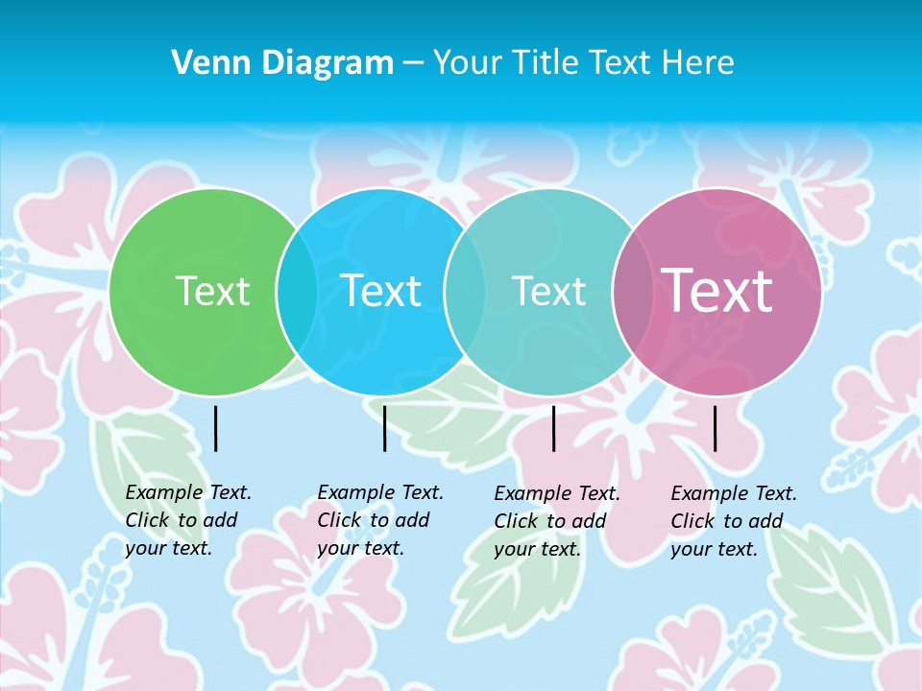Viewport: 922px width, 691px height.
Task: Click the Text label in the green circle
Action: coord(212,291)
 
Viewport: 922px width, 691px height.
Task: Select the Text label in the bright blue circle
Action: coord(380,291)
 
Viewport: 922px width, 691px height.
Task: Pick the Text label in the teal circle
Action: coord(548,291)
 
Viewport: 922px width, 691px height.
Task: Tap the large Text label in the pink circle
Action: coord(716,291)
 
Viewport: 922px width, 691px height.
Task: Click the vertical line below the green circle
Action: coord(215,428)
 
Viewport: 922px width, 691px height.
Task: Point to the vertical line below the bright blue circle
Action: coord(384,428)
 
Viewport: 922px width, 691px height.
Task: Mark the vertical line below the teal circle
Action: coord(553,428)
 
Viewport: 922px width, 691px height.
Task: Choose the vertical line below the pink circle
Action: coord(715,428)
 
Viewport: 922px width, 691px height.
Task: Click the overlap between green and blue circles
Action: coord(297,292)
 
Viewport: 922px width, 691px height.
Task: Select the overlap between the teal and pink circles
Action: coord(633,292)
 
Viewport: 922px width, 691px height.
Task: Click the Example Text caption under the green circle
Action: coord(188,492)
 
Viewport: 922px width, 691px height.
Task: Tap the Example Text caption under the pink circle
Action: coord(734,493)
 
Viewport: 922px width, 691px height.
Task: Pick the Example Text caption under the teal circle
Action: coord(557,493)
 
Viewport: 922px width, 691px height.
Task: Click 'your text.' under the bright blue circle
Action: coord(360,548)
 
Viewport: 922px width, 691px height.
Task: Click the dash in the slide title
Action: coord(413,62)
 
